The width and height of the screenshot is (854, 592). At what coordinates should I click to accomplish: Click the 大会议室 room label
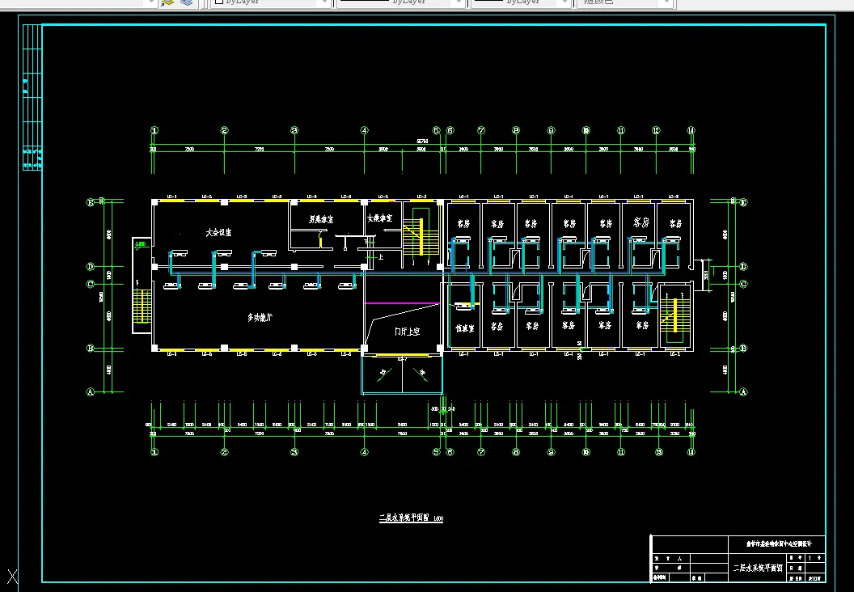pos(218,232)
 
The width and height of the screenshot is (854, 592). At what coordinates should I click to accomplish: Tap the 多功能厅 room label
pos(260,318)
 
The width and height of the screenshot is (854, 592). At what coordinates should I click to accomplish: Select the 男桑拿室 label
pos(321,218)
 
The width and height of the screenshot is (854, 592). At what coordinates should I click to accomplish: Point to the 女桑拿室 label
pos(379,218)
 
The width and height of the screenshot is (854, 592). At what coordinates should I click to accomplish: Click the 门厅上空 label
pos(407,332)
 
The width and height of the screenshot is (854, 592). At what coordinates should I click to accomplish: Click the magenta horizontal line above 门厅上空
pos(402,303)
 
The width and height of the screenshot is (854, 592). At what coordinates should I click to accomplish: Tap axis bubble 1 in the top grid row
pos(154,130)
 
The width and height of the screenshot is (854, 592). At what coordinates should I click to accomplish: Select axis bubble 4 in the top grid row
pos(365,130)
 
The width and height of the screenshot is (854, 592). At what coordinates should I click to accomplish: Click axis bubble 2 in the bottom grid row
pos(225,452)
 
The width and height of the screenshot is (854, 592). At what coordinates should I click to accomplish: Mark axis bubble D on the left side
pos(91,266)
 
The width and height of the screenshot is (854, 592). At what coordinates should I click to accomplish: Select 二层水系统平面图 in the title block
pos(758,569)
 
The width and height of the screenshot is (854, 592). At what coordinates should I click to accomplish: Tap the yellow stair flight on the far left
pos(142,307)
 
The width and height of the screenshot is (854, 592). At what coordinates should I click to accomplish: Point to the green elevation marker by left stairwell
pos(140,243)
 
